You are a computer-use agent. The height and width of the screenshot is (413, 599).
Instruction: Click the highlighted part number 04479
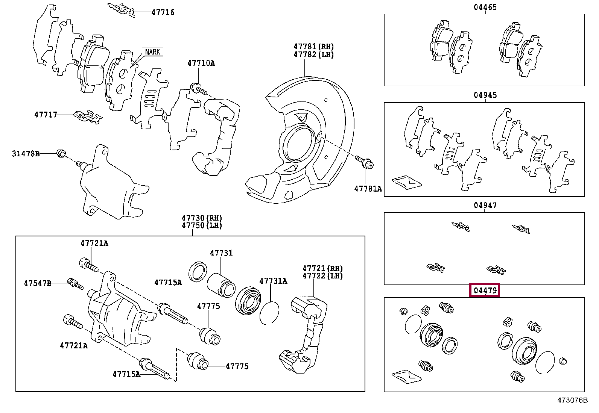(485, 290)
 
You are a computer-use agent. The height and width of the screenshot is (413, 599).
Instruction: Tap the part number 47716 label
(163, 12)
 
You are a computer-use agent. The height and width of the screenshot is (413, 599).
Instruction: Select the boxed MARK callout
(152, 52)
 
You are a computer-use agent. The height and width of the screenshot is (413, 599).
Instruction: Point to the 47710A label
(201, 63)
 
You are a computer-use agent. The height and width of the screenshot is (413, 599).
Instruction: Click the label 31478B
(26, 154)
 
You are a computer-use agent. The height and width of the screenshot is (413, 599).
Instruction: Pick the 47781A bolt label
(368, 189)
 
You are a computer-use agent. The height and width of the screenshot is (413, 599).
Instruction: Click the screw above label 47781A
(367, 163)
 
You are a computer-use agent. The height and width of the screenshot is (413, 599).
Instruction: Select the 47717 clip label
(46, 115)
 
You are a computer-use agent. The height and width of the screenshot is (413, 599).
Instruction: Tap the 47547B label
(38, 283)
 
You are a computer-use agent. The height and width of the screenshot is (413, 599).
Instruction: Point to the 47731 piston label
(221, 253)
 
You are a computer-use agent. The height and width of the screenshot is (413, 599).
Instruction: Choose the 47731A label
(273, 281)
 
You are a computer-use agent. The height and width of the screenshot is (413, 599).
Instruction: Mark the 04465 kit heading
(485, 7)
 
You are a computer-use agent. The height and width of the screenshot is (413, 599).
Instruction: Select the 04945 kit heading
(485, 95)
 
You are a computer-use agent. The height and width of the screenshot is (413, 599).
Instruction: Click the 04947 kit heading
(485, 205)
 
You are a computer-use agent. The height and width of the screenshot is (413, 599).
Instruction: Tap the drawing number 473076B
(572, 400)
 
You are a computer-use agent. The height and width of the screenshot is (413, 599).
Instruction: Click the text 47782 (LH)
(313, 54)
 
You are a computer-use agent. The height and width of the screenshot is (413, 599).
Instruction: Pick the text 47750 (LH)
(202, 225)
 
